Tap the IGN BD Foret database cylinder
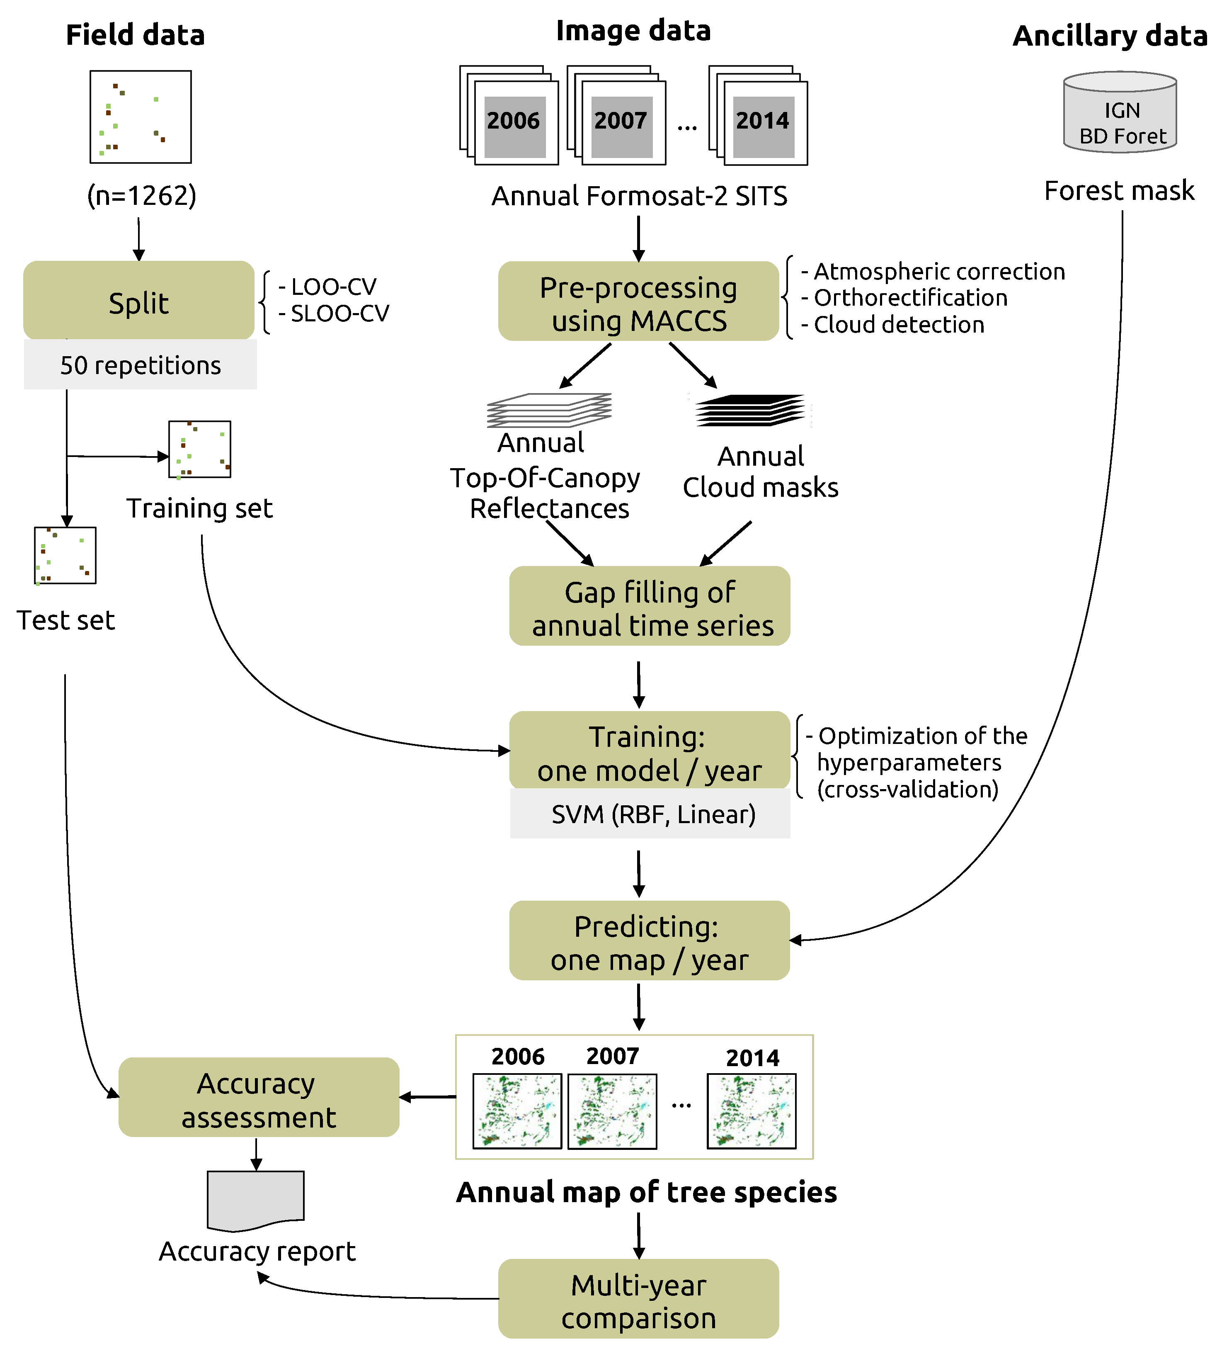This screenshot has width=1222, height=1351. tap(1120, 113)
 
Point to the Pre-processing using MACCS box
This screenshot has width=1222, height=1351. tap(638, 301)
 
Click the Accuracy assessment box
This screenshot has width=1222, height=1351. tap(259, 1098)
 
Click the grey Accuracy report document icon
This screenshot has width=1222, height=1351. tap(256, 1200)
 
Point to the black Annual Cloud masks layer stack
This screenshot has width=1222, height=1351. tap(750, 410)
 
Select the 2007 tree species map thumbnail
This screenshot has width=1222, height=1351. tap(612, 1111)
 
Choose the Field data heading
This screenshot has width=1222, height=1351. tap(135, 35)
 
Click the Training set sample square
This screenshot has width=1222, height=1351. tap(200, 449)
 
